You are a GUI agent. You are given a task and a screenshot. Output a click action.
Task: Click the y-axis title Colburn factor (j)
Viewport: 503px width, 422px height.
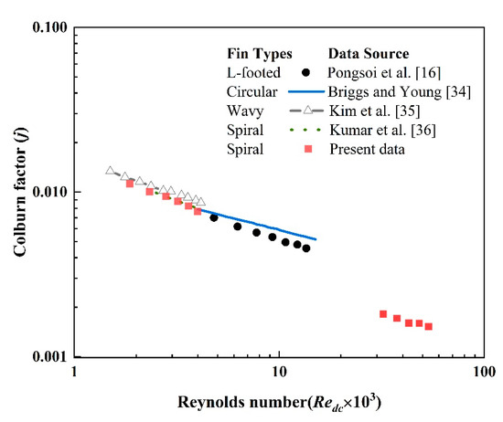(x=19, y=191)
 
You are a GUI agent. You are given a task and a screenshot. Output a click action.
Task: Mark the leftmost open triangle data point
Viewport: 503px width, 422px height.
(x=110, y=171)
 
